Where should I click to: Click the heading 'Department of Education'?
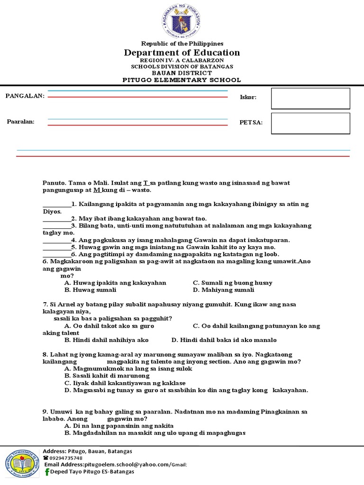click(x=182, y=53)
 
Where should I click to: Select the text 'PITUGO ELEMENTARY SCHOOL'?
click(x=182, y=80)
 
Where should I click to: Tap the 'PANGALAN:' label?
click(x=25, y=96)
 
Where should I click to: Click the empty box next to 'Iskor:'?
click(x=310, y=99)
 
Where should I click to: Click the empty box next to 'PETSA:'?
click(x=310, y=123)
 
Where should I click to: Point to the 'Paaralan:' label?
click(x=21, y=122)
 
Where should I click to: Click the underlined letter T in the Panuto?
click(x=146, y=183)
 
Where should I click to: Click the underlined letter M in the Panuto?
click(x=97, y=190)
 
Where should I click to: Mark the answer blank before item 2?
click(x=56, y=219)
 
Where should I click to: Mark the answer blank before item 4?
click(x=56, y=240)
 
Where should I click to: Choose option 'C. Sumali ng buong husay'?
click(x=233, y=283)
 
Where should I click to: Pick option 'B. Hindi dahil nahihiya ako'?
click(x=107, y=340)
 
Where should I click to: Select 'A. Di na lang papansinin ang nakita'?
click(x=119, y=426)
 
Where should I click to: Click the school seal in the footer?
click(x=22, y=464)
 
